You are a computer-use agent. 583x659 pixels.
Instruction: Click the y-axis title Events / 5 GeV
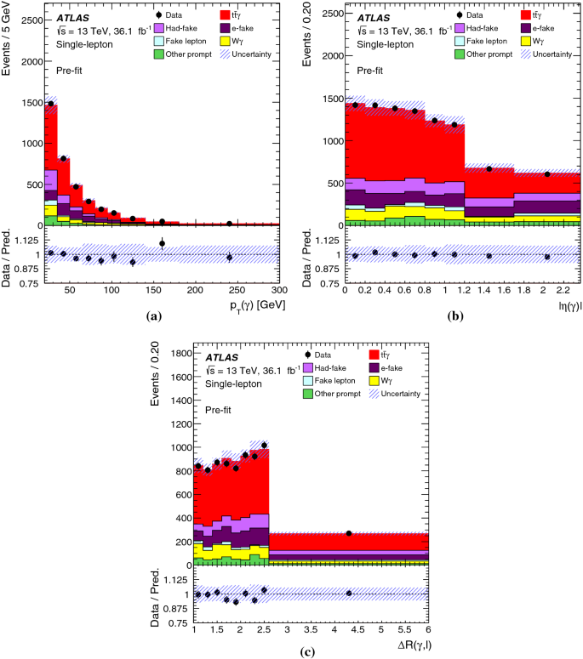tap(8, 43)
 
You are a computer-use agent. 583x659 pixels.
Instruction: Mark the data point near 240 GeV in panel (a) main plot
tap(230, 224)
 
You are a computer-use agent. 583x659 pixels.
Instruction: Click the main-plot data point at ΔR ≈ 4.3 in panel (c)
tap(349, 533)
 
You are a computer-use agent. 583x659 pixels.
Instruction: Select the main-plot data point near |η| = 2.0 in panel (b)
tap(547, 174)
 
